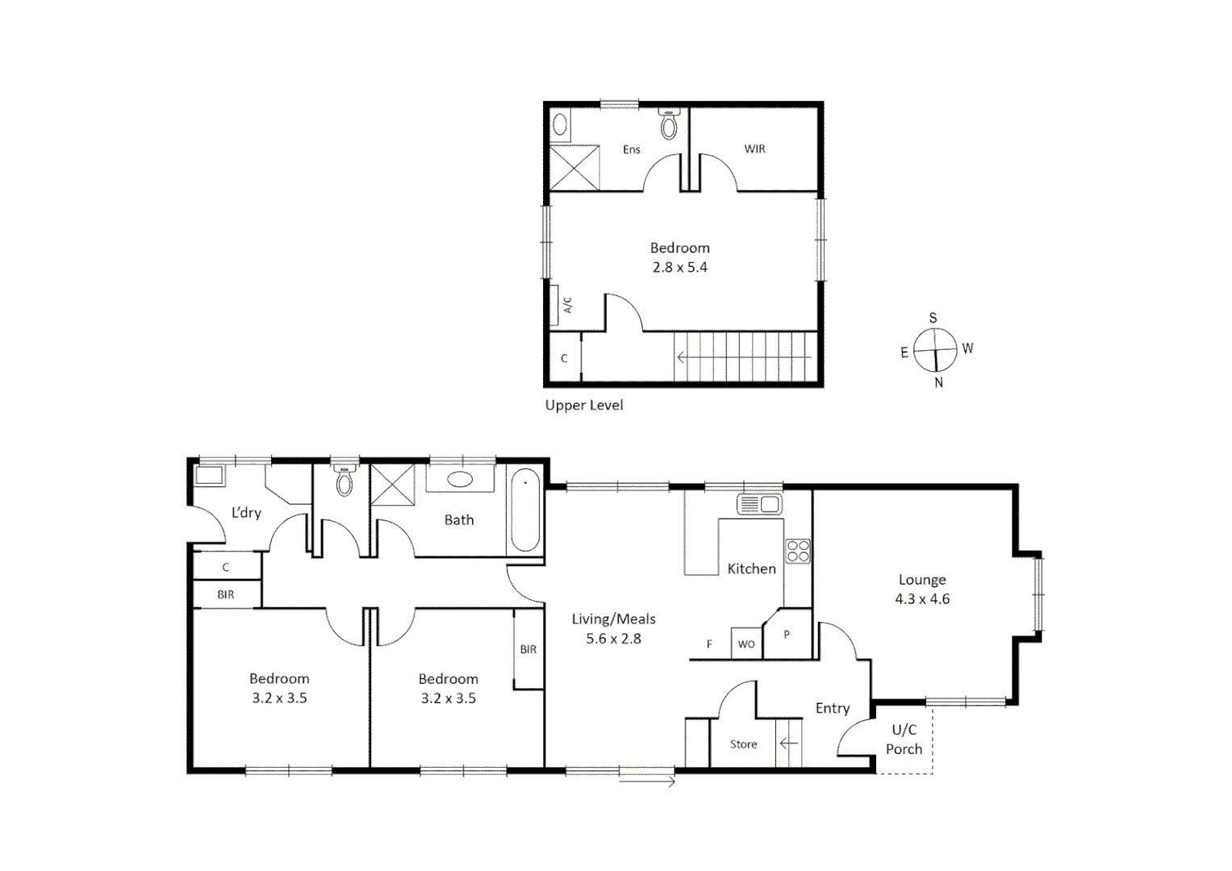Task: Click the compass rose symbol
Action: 934,351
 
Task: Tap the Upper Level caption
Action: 583,405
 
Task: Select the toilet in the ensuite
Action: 669,124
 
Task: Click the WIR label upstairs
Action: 754,149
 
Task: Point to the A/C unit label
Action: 567,305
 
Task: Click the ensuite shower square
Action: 574,168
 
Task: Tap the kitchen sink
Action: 758,505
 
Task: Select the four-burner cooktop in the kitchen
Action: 798,551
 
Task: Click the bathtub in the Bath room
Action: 525,510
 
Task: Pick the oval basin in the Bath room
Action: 460,480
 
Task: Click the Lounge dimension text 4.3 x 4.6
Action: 921,599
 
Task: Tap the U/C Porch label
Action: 904,740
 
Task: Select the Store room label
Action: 743,744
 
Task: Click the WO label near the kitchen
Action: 746,644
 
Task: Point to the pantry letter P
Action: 787,635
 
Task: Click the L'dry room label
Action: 246,512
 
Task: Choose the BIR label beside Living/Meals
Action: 528,649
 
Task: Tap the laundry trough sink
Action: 211,476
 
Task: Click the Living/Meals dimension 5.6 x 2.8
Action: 613,639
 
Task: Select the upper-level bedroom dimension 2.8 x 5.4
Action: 679,268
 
